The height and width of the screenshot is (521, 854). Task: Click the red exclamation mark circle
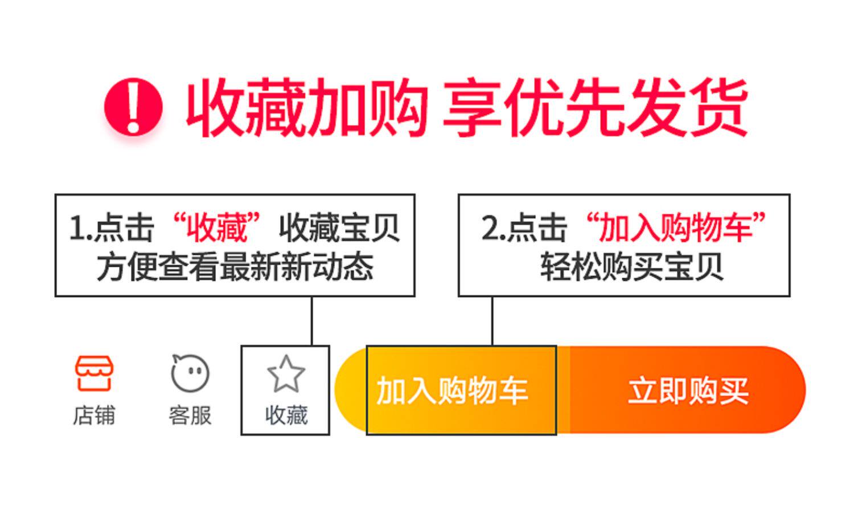point(133,107)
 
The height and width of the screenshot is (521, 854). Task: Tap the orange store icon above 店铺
point(94,373)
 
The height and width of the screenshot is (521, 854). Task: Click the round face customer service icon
point(190,373)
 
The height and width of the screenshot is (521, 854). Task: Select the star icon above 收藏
point(286,374)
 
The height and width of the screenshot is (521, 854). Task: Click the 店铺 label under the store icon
point(94,415)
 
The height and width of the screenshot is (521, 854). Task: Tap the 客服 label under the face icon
point(190,415)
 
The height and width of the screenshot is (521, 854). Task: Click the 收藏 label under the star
point(286,415)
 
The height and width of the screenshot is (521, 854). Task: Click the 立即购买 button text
point(688,391)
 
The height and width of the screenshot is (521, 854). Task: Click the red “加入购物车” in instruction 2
point(676,227)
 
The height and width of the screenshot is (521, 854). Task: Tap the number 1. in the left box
point(80,228)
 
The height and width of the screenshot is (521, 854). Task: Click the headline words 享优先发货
point(594,108)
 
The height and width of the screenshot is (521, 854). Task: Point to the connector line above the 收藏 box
point(312,320)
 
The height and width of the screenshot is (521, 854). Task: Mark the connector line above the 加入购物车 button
point(492,320)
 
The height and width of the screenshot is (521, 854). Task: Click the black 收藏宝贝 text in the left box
point(339,227)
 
